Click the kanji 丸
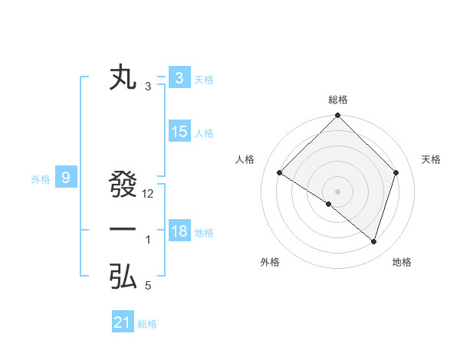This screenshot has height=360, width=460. point(123,79)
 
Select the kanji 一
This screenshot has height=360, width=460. point(123,230)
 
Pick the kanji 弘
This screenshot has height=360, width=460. point(123,277)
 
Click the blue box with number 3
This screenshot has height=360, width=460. point(179,78)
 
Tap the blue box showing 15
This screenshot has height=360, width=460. point(179,132)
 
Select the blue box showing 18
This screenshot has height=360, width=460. point(179,231)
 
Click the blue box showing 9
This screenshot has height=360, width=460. point(66,178)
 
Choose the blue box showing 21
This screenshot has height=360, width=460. point(123,322)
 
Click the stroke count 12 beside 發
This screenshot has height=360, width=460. point(149,194)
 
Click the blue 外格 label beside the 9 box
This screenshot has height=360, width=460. point(41,179)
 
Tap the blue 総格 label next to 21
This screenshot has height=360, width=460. point(147,324)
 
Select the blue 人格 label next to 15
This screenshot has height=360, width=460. point(204,133)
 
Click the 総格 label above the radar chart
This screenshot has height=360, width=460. point(337,100)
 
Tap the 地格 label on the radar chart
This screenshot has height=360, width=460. point(402,262)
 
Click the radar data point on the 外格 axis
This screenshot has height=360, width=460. point(329,205)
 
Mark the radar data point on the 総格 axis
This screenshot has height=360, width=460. point(337,116)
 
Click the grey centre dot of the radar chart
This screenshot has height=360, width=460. point(337,191)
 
